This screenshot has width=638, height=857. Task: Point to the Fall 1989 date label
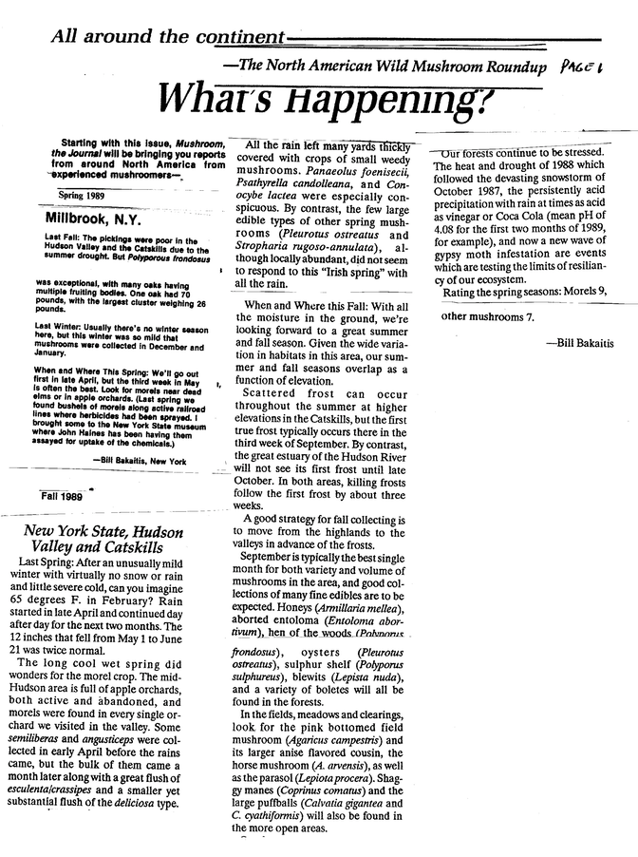pyautogui.click(x=63, y=496)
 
